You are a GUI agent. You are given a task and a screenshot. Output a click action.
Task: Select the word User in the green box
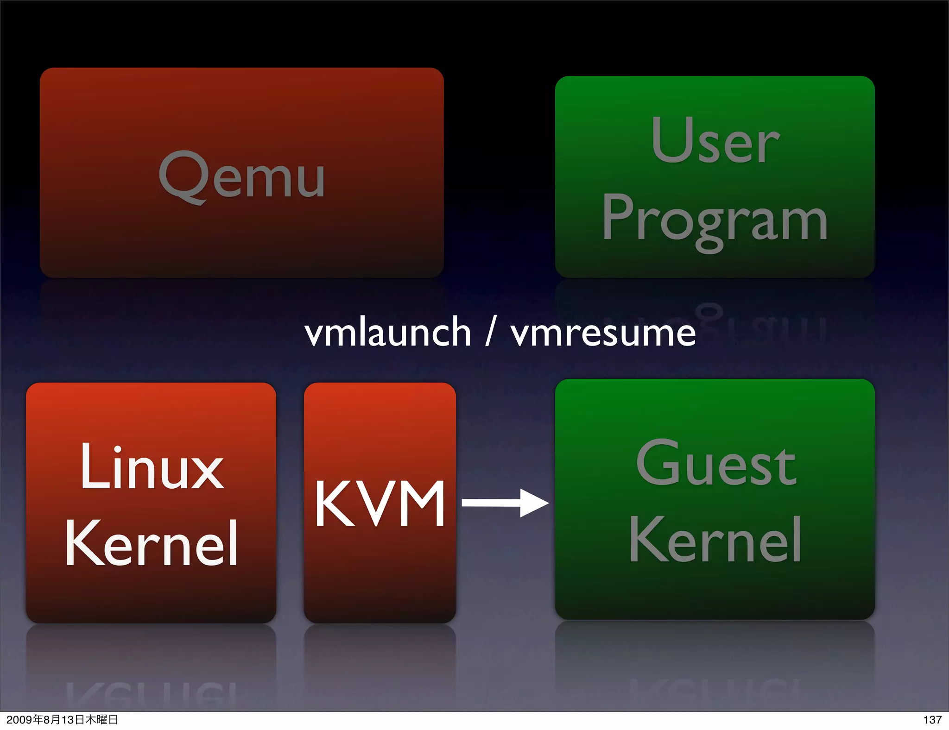pos(715,141)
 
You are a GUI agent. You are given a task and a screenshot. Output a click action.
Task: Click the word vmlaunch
pos(388,332)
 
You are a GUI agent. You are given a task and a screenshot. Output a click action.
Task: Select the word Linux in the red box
pos(152,467)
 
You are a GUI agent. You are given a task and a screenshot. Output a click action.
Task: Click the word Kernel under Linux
pos(152,543)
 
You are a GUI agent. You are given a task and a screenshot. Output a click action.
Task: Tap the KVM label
pos(380,504)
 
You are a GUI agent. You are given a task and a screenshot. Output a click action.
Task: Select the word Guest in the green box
pos(716,463)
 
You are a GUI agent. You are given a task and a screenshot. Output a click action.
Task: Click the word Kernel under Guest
pos(715,540)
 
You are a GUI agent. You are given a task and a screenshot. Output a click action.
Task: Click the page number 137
pos(932,719)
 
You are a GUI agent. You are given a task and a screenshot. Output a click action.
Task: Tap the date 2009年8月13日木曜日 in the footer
pos(62,719)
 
